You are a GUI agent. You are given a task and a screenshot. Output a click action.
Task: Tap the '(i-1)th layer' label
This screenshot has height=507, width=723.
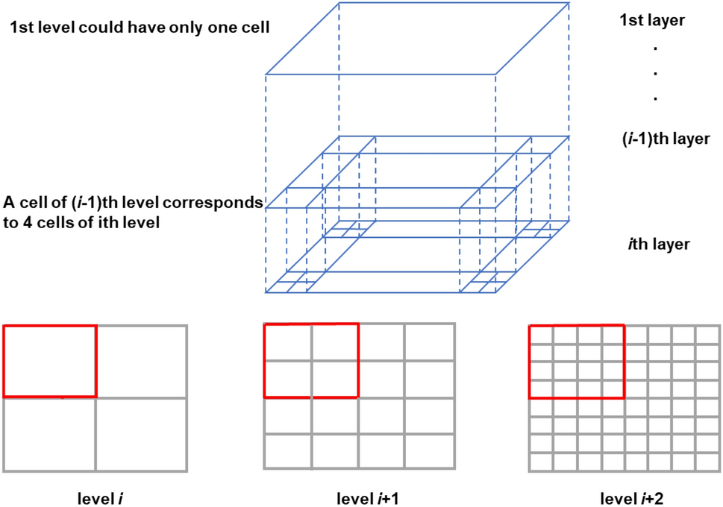coord(654,139)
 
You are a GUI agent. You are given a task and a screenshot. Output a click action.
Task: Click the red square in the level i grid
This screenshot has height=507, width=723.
coord(50,361)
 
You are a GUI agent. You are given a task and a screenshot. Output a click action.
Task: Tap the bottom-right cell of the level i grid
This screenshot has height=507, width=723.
coord(141,434)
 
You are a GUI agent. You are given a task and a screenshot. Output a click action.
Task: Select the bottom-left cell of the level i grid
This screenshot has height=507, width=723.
coord(49,434)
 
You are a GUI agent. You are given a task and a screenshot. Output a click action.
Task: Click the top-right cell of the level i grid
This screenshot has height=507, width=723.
coord(141,361)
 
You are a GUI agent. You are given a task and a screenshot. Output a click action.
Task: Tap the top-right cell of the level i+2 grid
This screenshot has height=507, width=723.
coord(707,334)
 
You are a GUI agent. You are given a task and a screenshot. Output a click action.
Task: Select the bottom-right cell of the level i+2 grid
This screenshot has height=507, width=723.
coord(707,462)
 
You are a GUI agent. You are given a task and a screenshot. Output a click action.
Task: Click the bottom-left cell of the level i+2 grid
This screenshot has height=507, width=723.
coord(541,462)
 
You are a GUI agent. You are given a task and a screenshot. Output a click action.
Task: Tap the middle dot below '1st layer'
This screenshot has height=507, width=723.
coord(654,73)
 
